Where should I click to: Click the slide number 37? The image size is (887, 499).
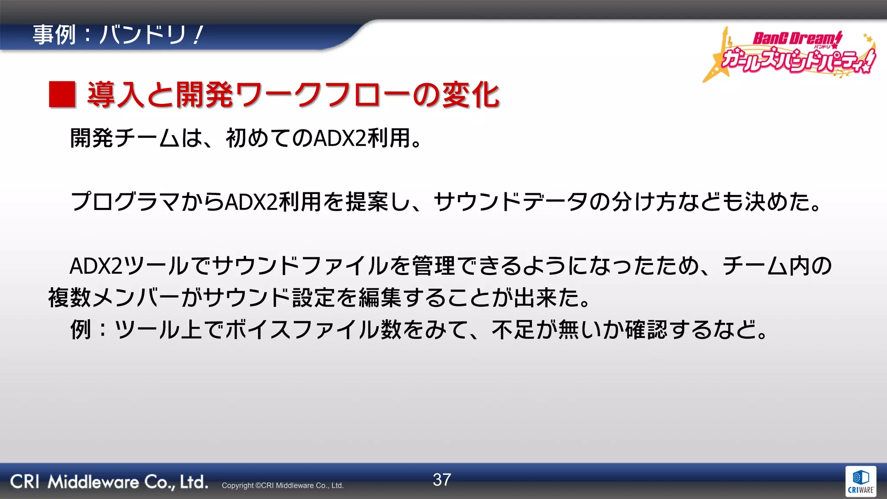(442, 480)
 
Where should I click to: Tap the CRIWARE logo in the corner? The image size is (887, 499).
(860, 481)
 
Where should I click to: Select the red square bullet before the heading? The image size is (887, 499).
(62, 94)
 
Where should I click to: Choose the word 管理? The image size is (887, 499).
(433, 266)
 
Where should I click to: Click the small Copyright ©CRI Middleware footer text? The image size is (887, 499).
(282, 486)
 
